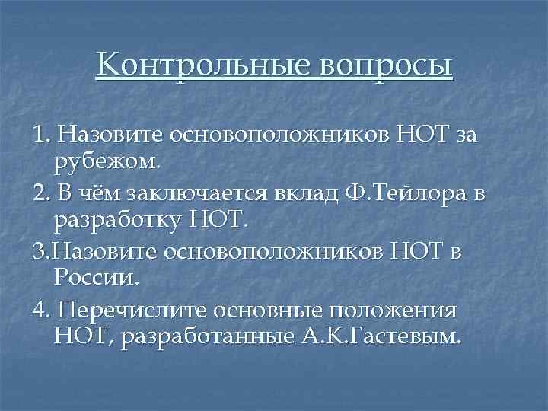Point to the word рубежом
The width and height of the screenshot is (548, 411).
[x=107, y=161]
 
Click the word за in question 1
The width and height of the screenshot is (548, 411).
[x=465, y=135]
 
